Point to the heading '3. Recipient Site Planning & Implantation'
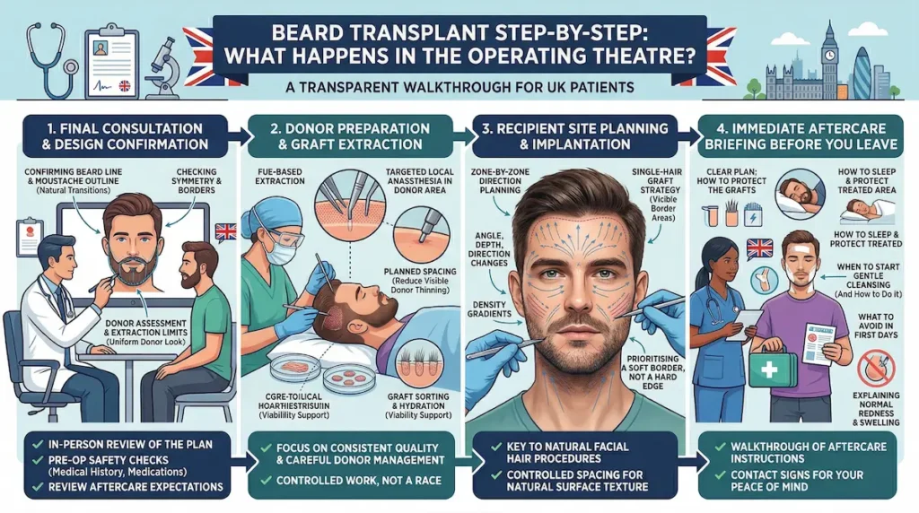[575, 135]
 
